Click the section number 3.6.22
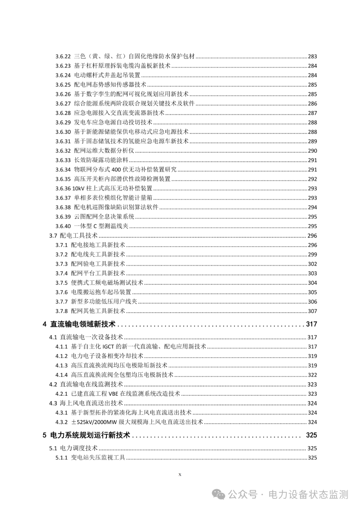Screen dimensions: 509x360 coord(63,56)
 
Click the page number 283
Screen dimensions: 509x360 coord(312,56)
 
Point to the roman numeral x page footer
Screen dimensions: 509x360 coord(180,474)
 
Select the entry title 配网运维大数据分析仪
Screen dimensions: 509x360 coord(104,151)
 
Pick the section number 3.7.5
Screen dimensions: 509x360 coord(62,283)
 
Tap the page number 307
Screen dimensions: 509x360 coord(312,311)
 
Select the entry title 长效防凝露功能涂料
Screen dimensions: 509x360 coord(101,160)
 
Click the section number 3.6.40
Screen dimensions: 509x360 coord(63,226)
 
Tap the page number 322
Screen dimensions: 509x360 coord(312,375)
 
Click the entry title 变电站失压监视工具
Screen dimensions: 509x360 coord(98,458)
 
